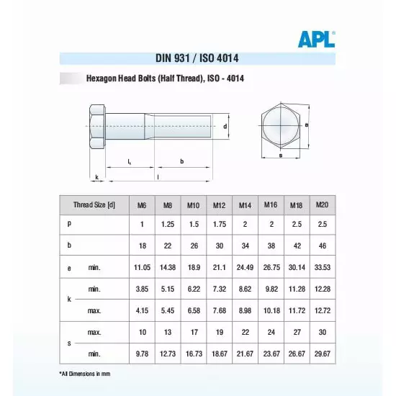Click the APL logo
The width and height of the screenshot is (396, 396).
(x=316, y=40)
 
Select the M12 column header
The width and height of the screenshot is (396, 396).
(x=218, y=206)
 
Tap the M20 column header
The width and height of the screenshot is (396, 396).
(x=322, y=205)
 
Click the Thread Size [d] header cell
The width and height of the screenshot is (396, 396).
(x=94, y=206)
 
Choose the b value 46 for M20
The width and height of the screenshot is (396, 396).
(x=322, y=246)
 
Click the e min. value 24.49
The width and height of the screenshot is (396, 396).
(x=245, y=268)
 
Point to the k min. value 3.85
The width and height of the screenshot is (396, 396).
(x=142, y=289)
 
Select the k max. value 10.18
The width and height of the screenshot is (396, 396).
(x=271, y=311)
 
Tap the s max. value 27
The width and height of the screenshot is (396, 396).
(x=296, y=333)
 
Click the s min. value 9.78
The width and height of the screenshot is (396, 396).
(x=142, y=354)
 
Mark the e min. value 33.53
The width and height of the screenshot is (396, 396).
(x=322, y=268)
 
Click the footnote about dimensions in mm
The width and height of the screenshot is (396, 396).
(x=85, y=374)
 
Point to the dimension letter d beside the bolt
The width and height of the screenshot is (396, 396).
(x=225, y=126)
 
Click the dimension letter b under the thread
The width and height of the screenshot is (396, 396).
(x=181, y=162)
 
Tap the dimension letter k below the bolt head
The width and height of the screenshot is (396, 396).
(x=96, y=176)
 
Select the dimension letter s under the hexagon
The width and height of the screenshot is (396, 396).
(x=280, y=155)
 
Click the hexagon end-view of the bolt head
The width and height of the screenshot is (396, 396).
(x=280, y=125)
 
